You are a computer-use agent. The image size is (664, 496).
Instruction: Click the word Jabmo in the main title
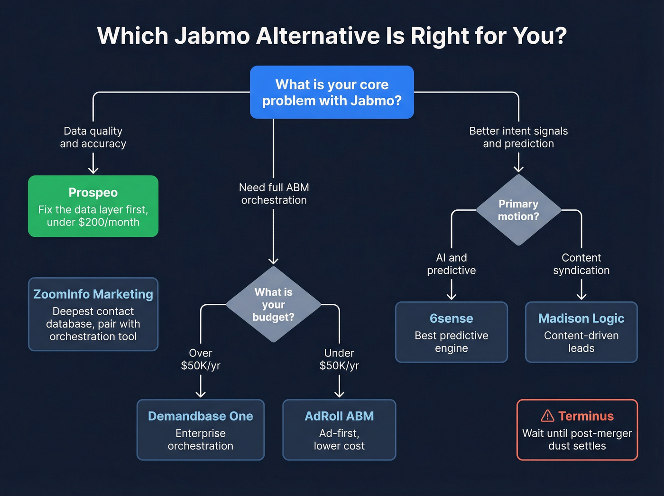(212, 36)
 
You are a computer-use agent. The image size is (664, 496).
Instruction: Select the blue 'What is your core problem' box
(332, 92)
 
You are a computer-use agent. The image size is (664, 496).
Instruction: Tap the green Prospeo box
(93, 206)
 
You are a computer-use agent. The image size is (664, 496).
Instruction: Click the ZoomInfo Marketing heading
(93, 294)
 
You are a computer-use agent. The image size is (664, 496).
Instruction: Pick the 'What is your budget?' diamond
(273, 304)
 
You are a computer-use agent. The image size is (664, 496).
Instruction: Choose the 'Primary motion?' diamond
(518, 210)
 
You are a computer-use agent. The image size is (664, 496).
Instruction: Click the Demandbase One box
(200, 430)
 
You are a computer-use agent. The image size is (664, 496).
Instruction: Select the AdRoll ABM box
(339, 430)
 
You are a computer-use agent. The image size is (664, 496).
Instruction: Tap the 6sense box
(451, 332)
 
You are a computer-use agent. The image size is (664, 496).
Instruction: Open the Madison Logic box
(581, 332)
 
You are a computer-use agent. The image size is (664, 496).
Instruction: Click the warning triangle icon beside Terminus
(547, 416)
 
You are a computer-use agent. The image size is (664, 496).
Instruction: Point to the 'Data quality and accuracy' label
(93, 137)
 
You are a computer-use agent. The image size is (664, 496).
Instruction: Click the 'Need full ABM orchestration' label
(274, 194)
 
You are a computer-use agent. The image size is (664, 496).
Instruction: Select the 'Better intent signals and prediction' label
(518, 137)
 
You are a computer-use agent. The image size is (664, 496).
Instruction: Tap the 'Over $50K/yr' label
(200, 359)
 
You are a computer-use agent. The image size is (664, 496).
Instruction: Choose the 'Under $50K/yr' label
(339, 359)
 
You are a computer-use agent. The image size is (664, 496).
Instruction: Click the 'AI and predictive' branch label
(451, 264)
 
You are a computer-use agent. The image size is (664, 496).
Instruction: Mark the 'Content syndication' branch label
(581, 264)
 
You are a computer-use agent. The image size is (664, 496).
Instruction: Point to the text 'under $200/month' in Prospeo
(93, 222)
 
